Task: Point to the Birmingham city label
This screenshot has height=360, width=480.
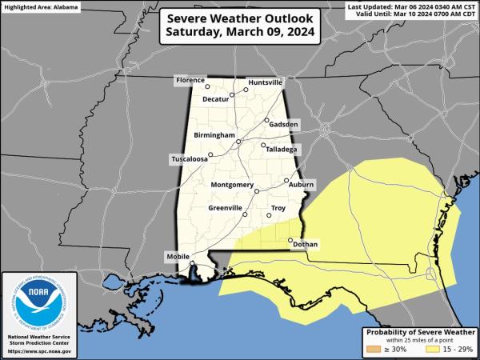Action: coord(214,136)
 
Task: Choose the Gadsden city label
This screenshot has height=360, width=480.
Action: coord(284,125)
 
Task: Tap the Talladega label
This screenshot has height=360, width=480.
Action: coord(282,150)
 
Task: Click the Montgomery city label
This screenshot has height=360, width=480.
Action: coord(231,186)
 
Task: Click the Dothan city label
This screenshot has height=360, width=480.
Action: coord(306,244)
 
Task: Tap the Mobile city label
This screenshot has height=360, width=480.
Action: coord(178,256)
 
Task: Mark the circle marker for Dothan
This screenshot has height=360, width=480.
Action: coord(290,239)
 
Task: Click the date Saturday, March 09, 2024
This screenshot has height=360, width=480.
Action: coord(240,33)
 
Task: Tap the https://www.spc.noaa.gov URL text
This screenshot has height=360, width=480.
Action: coord(39,351)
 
